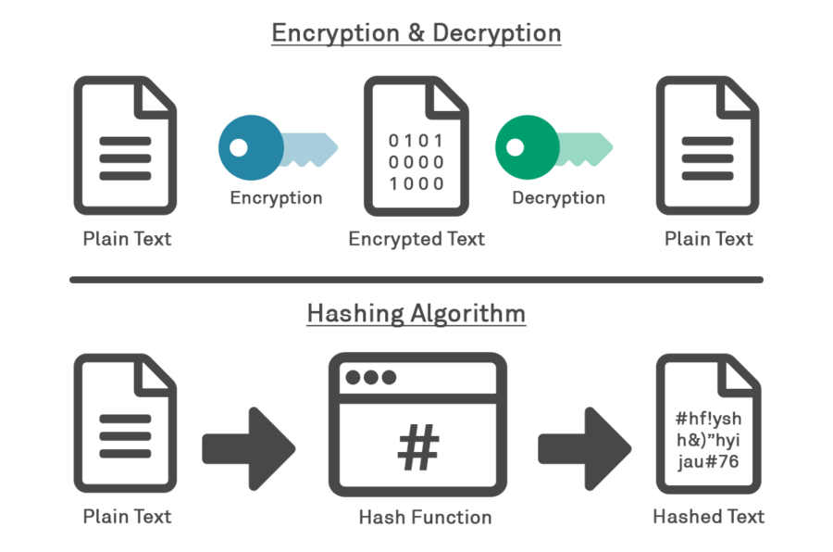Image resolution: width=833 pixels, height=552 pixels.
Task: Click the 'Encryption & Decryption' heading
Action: (416, 33)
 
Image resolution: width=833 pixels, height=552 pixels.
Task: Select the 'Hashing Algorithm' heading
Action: (416, 313)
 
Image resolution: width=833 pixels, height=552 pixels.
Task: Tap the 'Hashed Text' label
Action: (709, 517)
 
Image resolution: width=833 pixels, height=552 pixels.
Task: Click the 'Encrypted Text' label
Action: (416, 239)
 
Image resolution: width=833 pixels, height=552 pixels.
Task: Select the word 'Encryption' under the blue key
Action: (276, 198)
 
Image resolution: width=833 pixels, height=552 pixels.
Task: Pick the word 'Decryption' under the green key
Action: (558, 198)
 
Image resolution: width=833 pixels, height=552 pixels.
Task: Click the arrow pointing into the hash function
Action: (248, 448)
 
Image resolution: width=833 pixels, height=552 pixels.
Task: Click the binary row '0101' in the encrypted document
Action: (416, 142)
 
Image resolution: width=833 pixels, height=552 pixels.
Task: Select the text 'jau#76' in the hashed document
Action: (708, 462)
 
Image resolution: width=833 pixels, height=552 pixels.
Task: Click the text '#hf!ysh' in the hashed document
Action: (708, 418)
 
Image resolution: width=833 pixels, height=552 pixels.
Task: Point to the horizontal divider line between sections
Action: (416, 280)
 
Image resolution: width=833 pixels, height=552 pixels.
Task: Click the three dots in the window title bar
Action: (369, 377)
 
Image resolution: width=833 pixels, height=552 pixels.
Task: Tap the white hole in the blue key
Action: (239, 147)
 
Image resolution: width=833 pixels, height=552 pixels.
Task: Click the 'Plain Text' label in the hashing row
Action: (127, 517)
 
